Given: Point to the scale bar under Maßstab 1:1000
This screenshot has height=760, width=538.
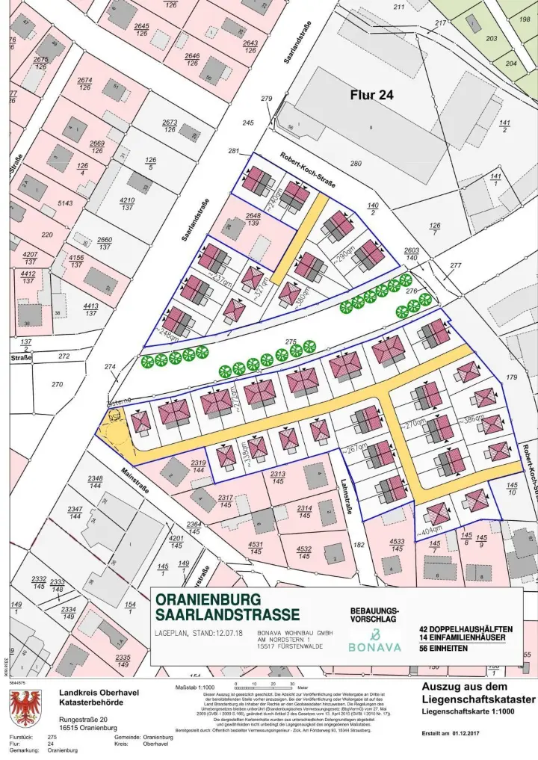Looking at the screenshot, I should [x=263, y=685].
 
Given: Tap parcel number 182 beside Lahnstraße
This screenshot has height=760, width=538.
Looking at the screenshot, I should [x=359, y=546].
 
